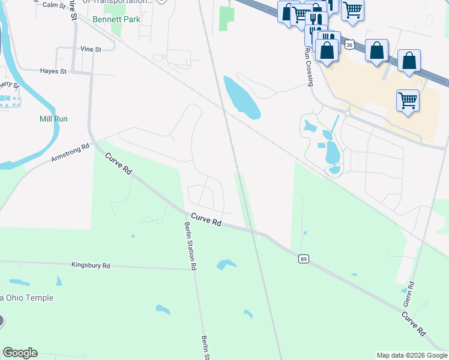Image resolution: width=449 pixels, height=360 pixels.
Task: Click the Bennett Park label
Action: click(x=116, y=20)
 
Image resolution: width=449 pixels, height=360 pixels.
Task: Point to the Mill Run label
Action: click(x=53, y=119)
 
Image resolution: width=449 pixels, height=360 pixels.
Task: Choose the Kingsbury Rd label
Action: click(x=91, y=265)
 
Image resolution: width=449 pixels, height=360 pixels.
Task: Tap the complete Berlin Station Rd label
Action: click(x=191, y=247)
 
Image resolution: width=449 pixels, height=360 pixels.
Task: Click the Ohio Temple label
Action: click(x=35, y=298)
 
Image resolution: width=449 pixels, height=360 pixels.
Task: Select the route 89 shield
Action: click(x=303, y=259)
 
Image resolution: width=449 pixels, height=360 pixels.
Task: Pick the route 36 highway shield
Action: click(x=351, y=44)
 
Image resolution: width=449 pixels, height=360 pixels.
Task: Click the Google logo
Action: click(x=20, y=353)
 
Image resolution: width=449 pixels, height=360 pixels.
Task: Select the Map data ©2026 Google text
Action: click(x=411, y=355)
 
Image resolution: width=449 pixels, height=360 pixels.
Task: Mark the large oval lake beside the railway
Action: click(x=241, y=97)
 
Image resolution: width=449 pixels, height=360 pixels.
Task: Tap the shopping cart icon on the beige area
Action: click(x=408, y=100)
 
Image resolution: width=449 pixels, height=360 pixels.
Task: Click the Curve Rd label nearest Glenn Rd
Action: click(x=414, y=323)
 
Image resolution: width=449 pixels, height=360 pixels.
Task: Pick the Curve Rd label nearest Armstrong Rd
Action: click(x=118, y=163)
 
